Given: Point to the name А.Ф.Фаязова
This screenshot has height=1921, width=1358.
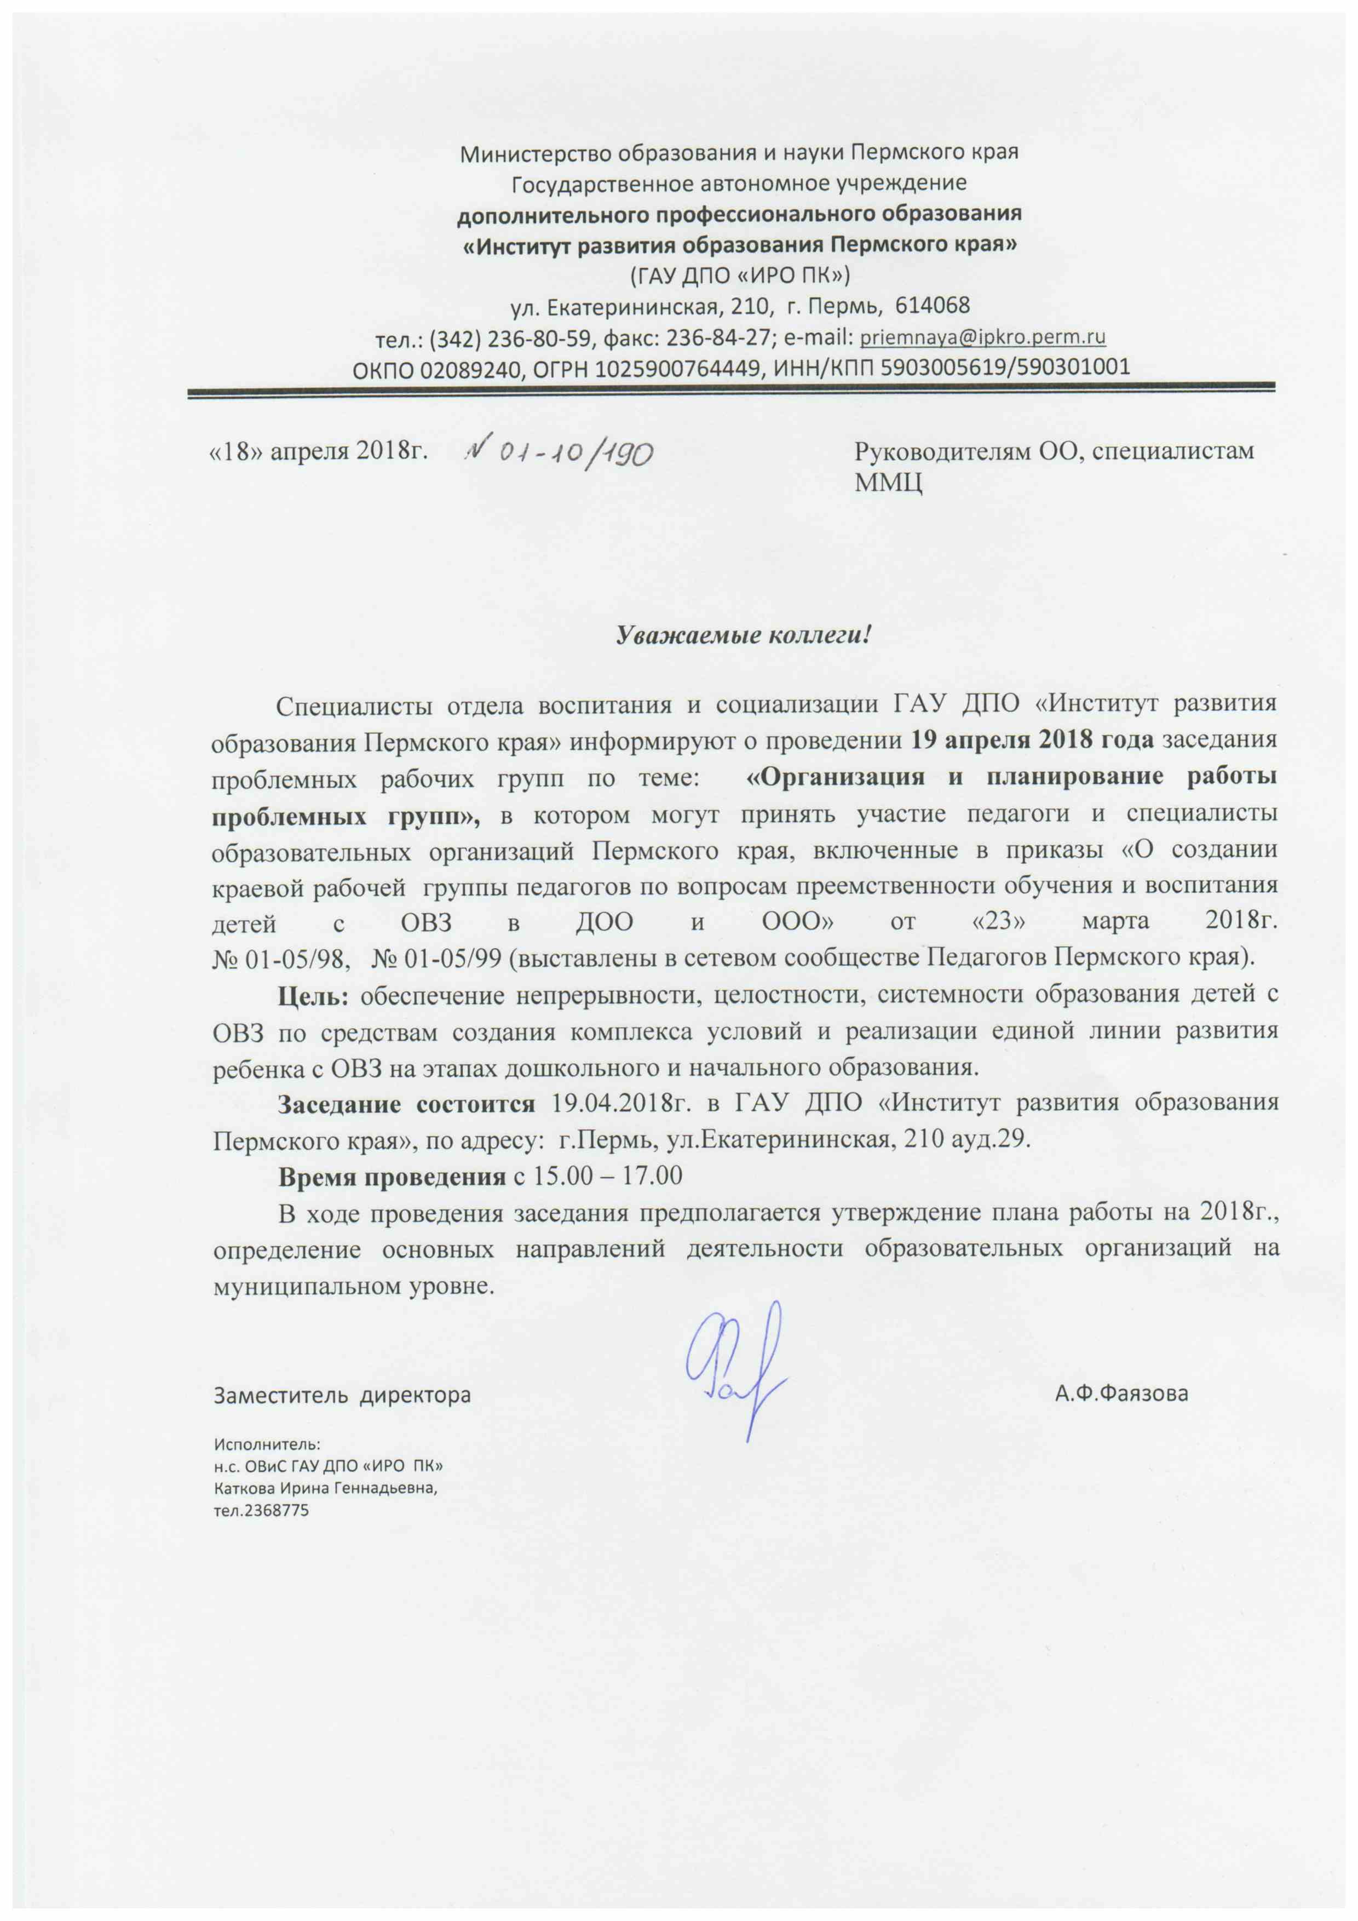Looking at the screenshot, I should pyautogui.click(x=1121, y=1394).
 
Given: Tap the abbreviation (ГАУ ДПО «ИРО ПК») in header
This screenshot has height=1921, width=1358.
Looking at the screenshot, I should pyautogui.click(x=739, y=274).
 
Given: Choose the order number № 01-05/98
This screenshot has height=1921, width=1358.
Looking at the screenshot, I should pyautogui.click(x=279, y=957).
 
